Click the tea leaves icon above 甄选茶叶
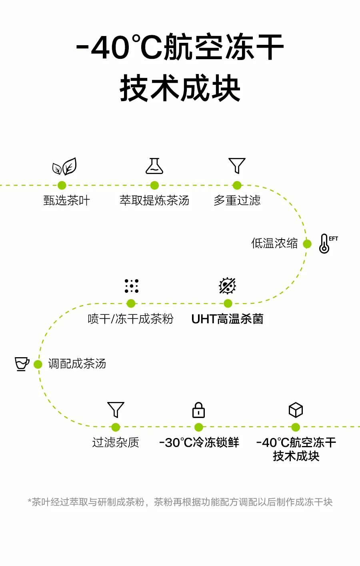point(64,166)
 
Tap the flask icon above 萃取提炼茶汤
point(154,166)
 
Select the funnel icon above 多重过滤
point(237,166)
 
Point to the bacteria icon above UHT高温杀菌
point(228,286)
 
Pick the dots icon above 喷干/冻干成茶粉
point(131,286)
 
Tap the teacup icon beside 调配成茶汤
point(22,364)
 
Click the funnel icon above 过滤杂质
point(116,410)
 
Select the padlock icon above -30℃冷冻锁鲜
point(198,410)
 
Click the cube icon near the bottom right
point(296,410)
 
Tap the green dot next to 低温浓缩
point(307,244)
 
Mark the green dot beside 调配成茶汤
point(38,364)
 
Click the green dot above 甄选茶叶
point(62,185)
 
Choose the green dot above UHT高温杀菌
point(228,303)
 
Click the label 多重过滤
point(237,200)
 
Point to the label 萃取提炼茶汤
point(154,200)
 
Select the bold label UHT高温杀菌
point(227,319)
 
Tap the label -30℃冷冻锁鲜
point(199,442)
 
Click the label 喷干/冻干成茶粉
point(131,319)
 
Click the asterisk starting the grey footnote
point(29,500)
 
